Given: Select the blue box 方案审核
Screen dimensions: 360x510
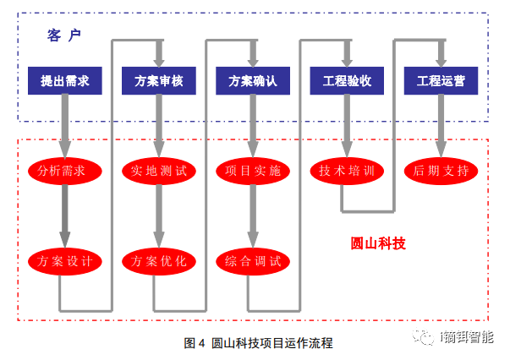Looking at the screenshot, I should tap(158, 82).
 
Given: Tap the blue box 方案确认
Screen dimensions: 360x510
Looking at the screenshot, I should tap(252, 82).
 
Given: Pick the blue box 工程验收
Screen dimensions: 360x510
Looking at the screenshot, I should tap(347, 82).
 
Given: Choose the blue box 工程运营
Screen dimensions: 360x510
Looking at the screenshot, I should tap(441, 82).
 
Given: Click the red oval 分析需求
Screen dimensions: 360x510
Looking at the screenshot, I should tap(64, 171).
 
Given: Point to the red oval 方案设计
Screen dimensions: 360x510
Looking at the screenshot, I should tap(64, 260).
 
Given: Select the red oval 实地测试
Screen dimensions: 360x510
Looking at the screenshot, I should tap(158, 171).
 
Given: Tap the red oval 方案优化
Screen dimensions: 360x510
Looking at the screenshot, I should tap(158, 260).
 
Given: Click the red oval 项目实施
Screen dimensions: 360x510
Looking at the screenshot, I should tap(252, 171).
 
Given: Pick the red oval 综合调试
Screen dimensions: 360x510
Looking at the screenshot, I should tap(252, 260).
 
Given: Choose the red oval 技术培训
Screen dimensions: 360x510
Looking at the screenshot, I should tap(347, 171).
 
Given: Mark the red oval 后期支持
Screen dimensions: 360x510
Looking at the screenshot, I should tap(441, 171).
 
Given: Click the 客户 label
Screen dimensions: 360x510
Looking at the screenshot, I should tap(64, 35).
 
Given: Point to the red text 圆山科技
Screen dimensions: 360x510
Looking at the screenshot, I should tap(378, 243).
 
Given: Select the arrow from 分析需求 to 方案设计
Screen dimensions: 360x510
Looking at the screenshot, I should tap(64, 215).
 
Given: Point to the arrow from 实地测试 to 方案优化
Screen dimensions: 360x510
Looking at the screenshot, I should tap(158, 215).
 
